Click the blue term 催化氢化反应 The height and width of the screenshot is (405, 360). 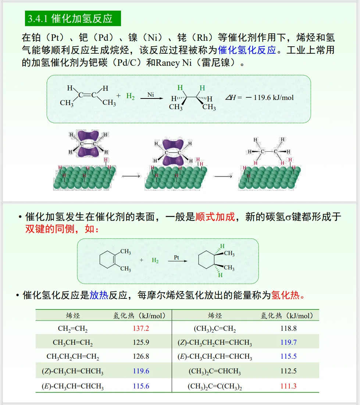click(x=247, y=50)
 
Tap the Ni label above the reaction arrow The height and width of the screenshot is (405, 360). click(x=151, y=94)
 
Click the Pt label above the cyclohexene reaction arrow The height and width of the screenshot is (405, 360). click(x=177, y=258)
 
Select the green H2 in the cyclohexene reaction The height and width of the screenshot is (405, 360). click(x=155, y=261)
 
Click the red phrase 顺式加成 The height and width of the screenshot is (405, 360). click(x=215, y=217)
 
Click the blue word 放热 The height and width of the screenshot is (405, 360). click(x=99, y=295)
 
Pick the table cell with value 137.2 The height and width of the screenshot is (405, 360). click(x=141, y=329)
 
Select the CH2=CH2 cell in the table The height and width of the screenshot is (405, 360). click(x=73, y=329)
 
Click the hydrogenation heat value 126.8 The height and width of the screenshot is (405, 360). click(x=141, y=356)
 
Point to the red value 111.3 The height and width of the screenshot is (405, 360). click(x=288, y=386)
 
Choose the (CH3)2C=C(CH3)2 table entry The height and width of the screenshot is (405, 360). click(x=215, y=386)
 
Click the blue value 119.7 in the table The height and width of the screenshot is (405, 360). click(x=288, y=343)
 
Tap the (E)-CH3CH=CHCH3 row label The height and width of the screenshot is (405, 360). click(x=73, y=386)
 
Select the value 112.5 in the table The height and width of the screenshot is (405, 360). click(x=288, y=371)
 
